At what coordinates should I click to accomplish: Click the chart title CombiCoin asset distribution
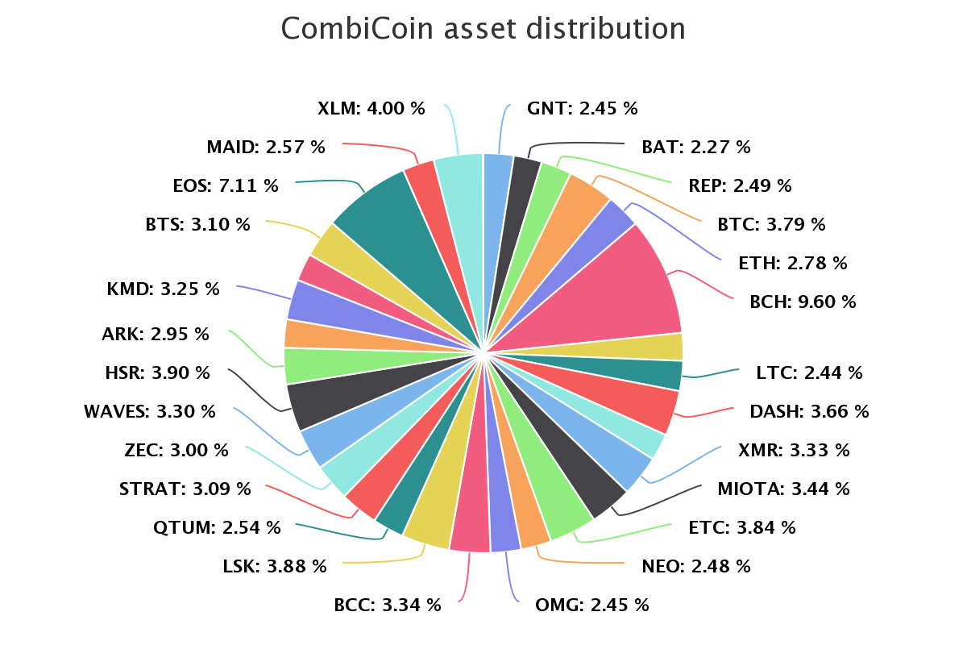(483, 29)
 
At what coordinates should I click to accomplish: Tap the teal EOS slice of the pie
(379, 210)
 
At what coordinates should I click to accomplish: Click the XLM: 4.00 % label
(371, 108)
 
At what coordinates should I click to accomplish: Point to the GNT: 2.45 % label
(582, 108)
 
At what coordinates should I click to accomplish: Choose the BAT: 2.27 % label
(696, 147)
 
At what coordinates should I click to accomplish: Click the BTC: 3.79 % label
(771, 224)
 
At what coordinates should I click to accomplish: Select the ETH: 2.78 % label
(793, 263)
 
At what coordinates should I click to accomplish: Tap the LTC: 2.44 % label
(809, 372)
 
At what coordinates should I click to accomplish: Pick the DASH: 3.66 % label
(809, 411)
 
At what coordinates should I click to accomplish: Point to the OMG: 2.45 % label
(591, 605)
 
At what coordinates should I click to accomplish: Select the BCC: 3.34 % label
(388, 605)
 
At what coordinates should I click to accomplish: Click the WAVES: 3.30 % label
(150, 411)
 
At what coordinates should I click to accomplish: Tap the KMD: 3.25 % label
(163, 289)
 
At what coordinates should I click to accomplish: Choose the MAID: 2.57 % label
(266, 147)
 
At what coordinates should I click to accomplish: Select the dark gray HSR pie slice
(310, 401)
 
